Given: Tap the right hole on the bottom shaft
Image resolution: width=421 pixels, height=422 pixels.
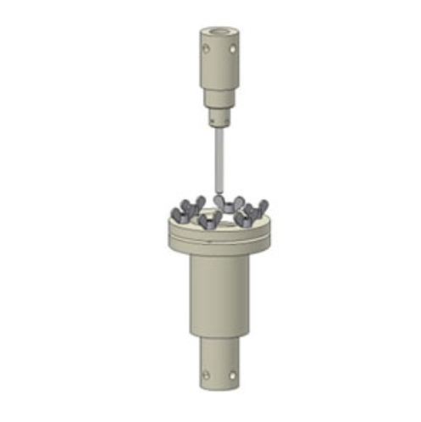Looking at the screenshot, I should click(x=234, y=374).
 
